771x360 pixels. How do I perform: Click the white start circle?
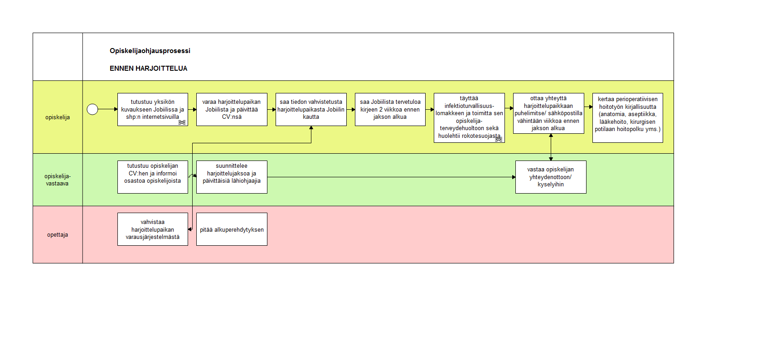click(92, 109)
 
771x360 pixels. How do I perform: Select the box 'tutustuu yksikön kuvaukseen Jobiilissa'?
click(152, 109)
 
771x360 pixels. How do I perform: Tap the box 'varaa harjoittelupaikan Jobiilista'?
click(232, 109)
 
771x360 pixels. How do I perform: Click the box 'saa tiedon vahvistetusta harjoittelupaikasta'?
click(311, 109)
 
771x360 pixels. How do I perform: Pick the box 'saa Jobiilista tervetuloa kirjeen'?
click(390, 109)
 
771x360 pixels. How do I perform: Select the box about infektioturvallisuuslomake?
click(469, 118)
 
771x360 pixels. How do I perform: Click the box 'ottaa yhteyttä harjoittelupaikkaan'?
click(548, 113)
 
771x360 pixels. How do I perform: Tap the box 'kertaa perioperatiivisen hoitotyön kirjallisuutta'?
click(627, 118)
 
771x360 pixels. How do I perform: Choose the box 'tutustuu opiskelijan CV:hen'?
click(152, 177)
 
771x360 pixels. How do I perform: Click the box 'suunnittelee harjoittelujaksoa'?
click(232, 177)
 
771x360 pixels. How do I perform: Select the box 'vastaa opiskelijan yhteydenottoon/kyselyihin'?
click(551, 177)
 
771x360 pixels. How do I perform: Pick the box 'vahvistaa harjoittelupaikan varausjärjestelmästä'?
click(152, 229)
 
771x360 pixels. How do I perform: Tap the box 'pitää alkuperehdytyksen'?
click(232, 229)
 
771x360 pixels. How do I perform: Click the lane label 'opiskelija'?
click(58, 117)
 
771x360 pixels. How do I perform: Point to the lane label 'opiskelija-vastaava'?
click(58, 180)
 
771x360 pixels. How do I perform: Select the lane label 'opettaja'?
click(58, 235)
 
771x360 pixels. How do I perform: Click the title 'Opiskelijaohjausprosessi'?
click(150, 51)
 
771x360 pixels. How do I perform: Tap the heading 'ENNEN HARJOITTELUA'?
click(148, 68)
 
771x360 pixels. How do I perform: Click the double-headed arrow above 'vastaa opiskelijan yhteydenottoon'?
click(551, 147)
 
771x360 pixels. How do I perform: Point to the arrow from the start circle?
click(108, 109)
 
